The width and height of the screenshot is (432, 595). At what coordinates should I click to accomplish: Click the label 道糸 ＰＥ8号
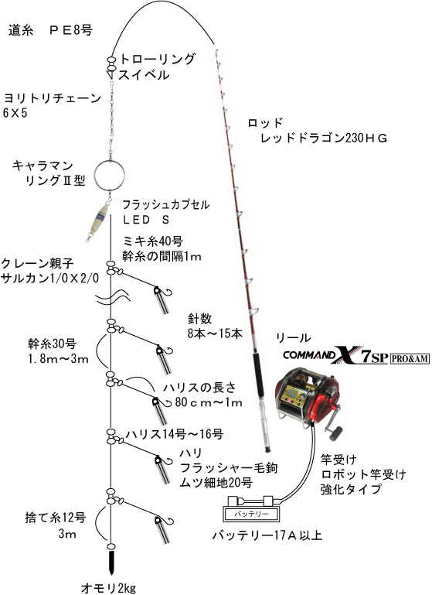50,30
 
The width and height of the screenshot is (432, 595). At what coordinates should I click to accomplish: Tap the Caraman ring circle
95,175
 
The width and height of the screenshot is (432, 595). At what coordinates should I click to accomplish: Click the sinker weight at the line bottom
111,562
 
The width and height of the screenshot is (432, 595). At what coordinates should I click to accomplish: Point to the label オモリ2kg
108,588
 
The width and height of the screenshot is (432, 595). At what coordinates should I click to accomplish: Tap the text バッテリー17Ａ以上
267,535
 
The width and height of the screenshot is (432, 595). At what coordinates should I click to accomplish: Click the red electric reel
309,398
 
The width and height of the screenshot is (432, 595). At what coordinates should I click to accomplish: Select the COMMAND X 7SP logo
335,355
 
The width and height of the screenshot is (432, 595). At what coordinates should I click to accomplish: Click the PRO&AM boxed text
410,358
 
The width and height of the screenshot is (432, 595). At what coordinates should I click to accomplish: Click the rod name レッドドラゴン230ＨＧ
324,138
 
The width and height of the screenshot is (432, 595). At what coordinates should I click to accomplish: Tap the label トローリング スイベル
157,67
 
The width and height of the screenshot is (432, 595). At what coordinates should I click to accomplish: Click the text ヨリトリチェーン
53,99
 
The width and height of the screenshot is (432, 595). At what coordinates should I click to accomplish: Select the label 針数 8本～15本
215,326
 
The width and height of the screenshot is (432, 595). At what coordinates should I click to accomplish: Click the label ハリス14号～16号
175,434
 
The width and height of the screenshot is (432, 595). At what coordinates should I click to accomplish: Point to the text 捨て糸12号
56,517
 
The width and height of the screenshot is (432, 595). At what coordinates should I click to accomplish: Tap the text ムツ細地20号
216,483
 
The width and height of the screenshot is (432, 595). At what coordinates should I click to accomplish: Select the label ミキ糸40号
153,241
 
